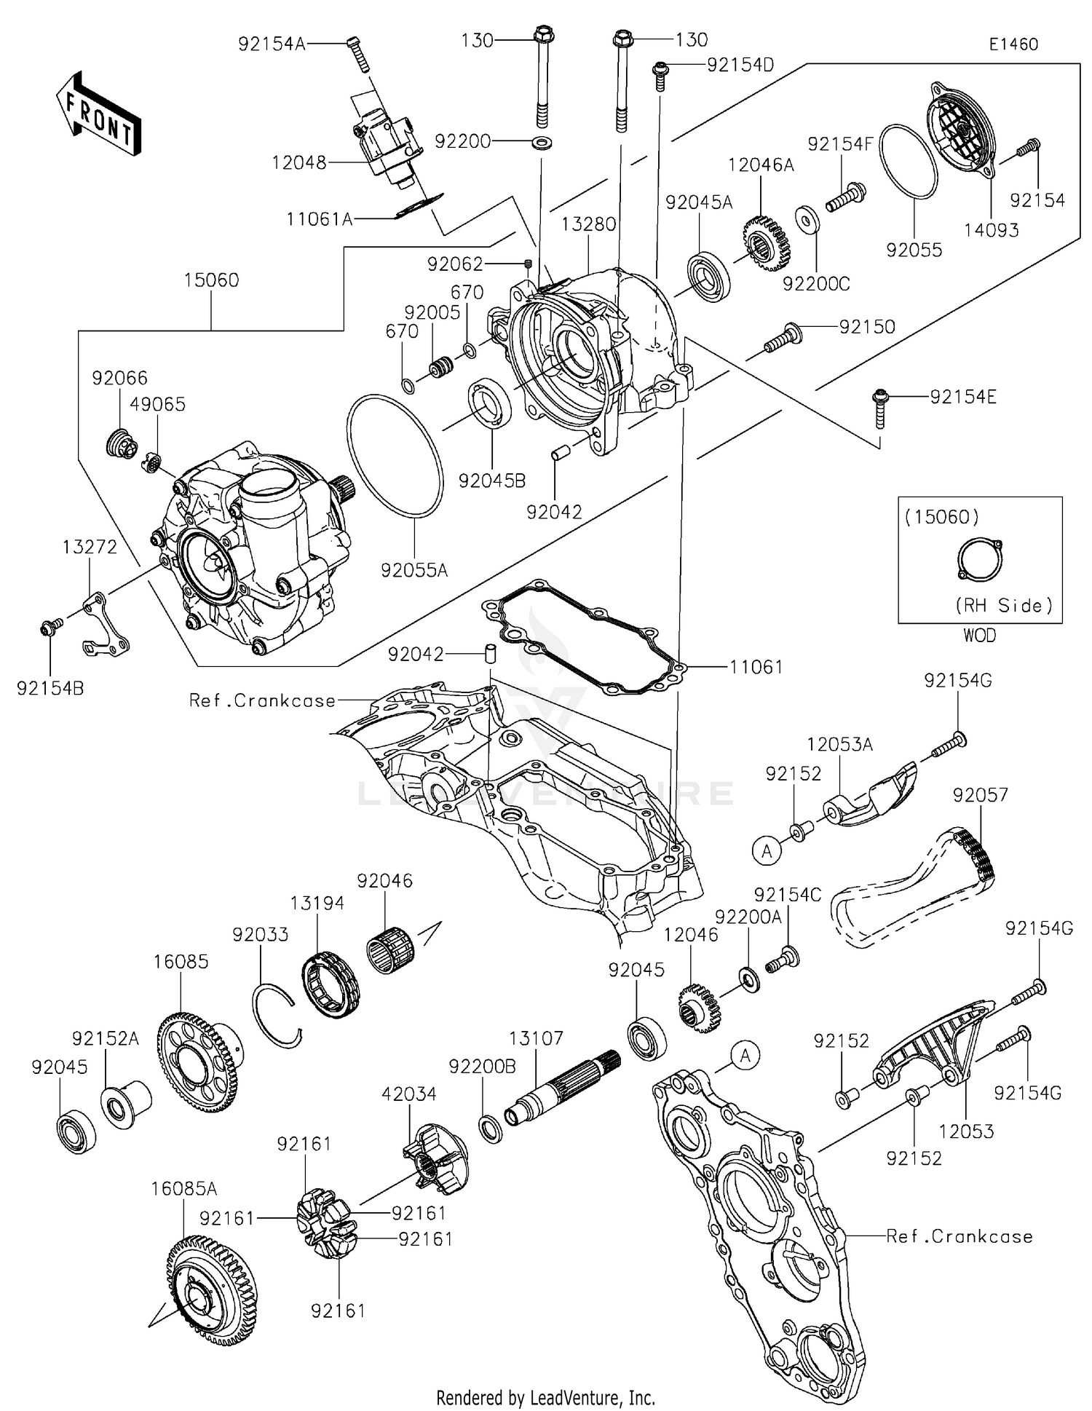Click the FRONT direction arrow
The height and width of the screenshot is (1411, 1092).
(98, 113)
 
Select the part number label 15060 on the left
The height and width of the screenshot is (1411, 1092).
(211, 280)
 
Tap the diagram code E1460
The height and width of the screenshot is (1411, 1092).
(1013, 44)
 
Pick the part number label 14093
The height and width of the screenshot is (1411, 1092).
(991, 231)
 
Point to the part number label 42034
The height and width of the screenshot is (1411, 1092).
(409, 1094)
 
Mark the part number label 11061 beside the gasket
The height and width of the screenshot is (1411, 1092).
(756, 667)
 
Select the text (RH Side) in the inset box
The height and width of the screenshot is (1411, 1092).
(1004, 606)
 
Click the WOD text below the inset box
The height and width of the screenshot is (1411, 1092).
(979, 636)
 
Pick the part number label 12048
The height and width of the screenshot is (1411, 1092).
(299, 162)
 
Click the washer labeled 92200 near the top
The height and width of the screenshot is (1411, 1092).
(541, 141)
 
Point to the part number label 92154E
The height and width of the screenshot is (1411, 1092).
(963, 397)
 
